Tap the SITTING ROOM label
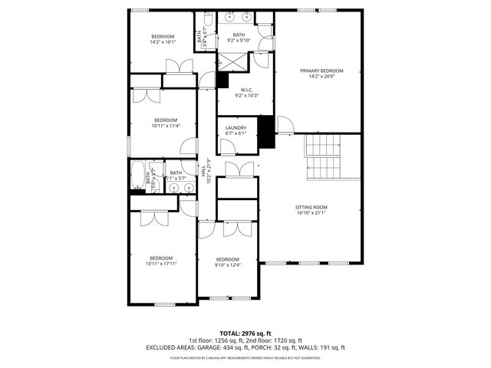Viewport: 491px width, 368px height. [x=311, y=210]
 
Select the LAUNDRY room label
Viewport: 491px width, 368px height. [x=236, y=130]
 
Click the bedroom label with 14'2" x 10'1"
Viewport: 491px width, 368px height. [x=162, y=39]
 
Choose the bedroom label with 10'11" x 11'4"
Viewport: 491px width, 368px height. [x=165, y=123]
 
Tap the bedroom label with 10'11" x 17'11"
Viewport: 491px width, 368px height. [x=160, y=261]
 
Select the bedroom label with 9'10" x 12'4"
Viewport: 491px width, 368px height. [x=228, y=261]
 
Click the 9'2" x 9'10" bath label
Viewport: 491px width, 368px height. [x=239, y=38]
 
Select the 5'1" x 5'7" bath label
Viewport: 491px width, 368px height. [x=176, y=176]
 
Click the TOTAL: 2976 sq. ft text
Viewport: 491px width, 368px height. [x=245, y=333]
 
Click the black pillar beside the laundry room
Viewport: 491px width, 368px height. [x=265, y=131]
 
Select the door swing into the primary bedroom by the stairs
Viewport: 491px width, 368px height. [x=285, y=125]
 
